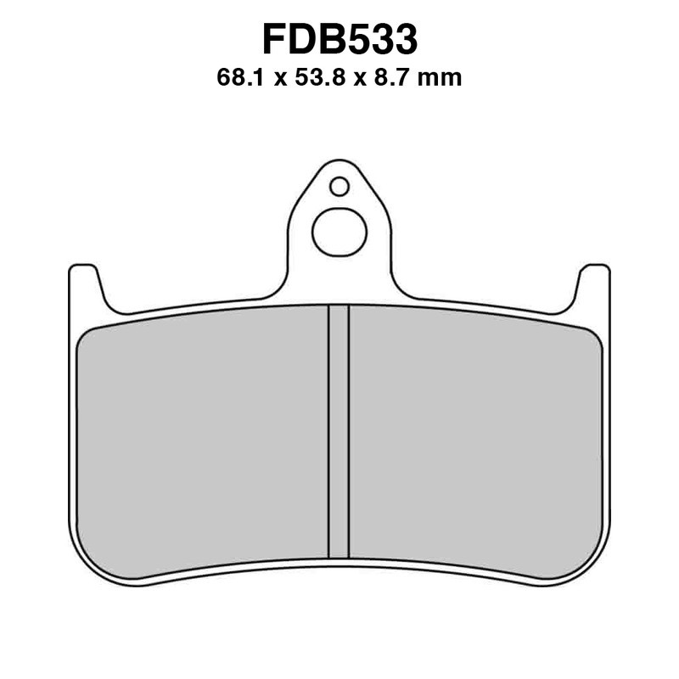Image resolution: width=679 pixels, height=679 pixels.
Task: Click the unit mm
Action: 444,79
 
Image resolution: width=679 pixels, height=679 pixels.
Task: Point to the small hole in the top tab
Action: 339,186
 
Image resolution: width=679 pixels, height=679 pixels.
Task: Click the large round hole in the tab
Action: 339,232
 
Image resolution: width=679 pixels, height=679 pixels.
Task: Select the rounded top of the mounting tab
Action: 339,164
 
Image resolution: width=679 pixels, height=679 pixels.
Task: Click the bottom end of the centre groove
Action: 339,555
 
